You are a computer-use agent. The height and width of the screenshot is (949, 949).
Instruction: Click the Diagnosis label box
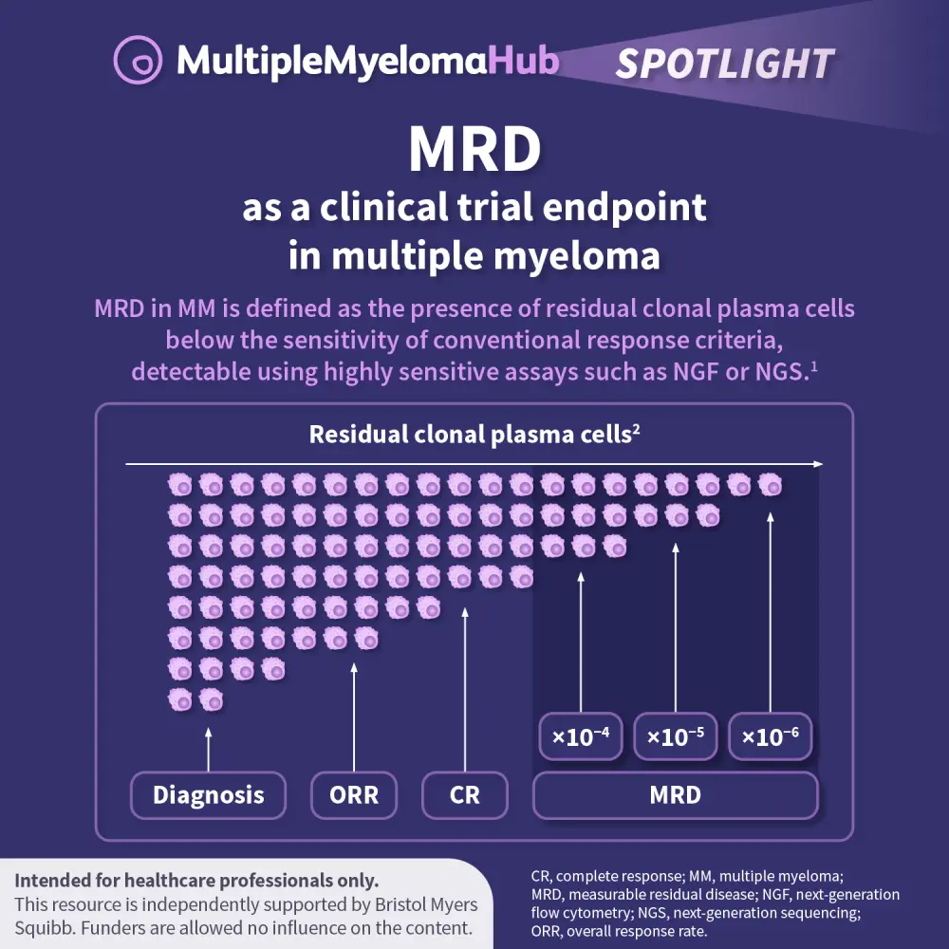(x=208, y=794)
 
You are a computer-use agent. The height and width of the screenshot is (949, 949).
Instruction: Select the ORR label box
(x=354, y=794)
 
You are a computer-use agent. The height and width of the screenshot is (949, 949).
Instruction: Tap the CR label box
(x=465, y=794)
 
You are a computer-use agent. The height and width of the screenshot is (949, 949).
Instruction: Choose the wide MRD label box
(x=675, y=794)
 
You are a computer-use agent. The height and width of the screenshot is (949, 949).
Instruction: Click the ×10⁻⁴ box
(x=580, y=736)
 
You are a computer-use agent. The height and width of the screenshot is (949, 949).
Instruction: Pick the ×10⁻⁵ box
(x=675, y=736)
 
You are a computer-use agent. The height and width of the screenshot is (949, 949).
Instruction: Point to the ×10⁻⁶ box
(x=770, y=736)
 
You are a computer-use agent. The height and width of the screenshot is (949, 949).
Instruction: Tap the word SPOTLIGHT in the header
(x=725, y=64)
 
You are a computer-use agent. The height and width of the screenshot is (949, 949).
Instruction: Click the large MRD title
(x=474, y=149)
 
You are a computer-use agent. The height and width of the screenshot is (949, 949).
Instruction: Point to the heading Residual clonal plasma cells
(x=474, y=435)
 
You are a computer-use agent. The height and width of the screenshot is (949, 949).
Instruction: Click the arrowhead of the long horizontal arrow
(x=817, y=464)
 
